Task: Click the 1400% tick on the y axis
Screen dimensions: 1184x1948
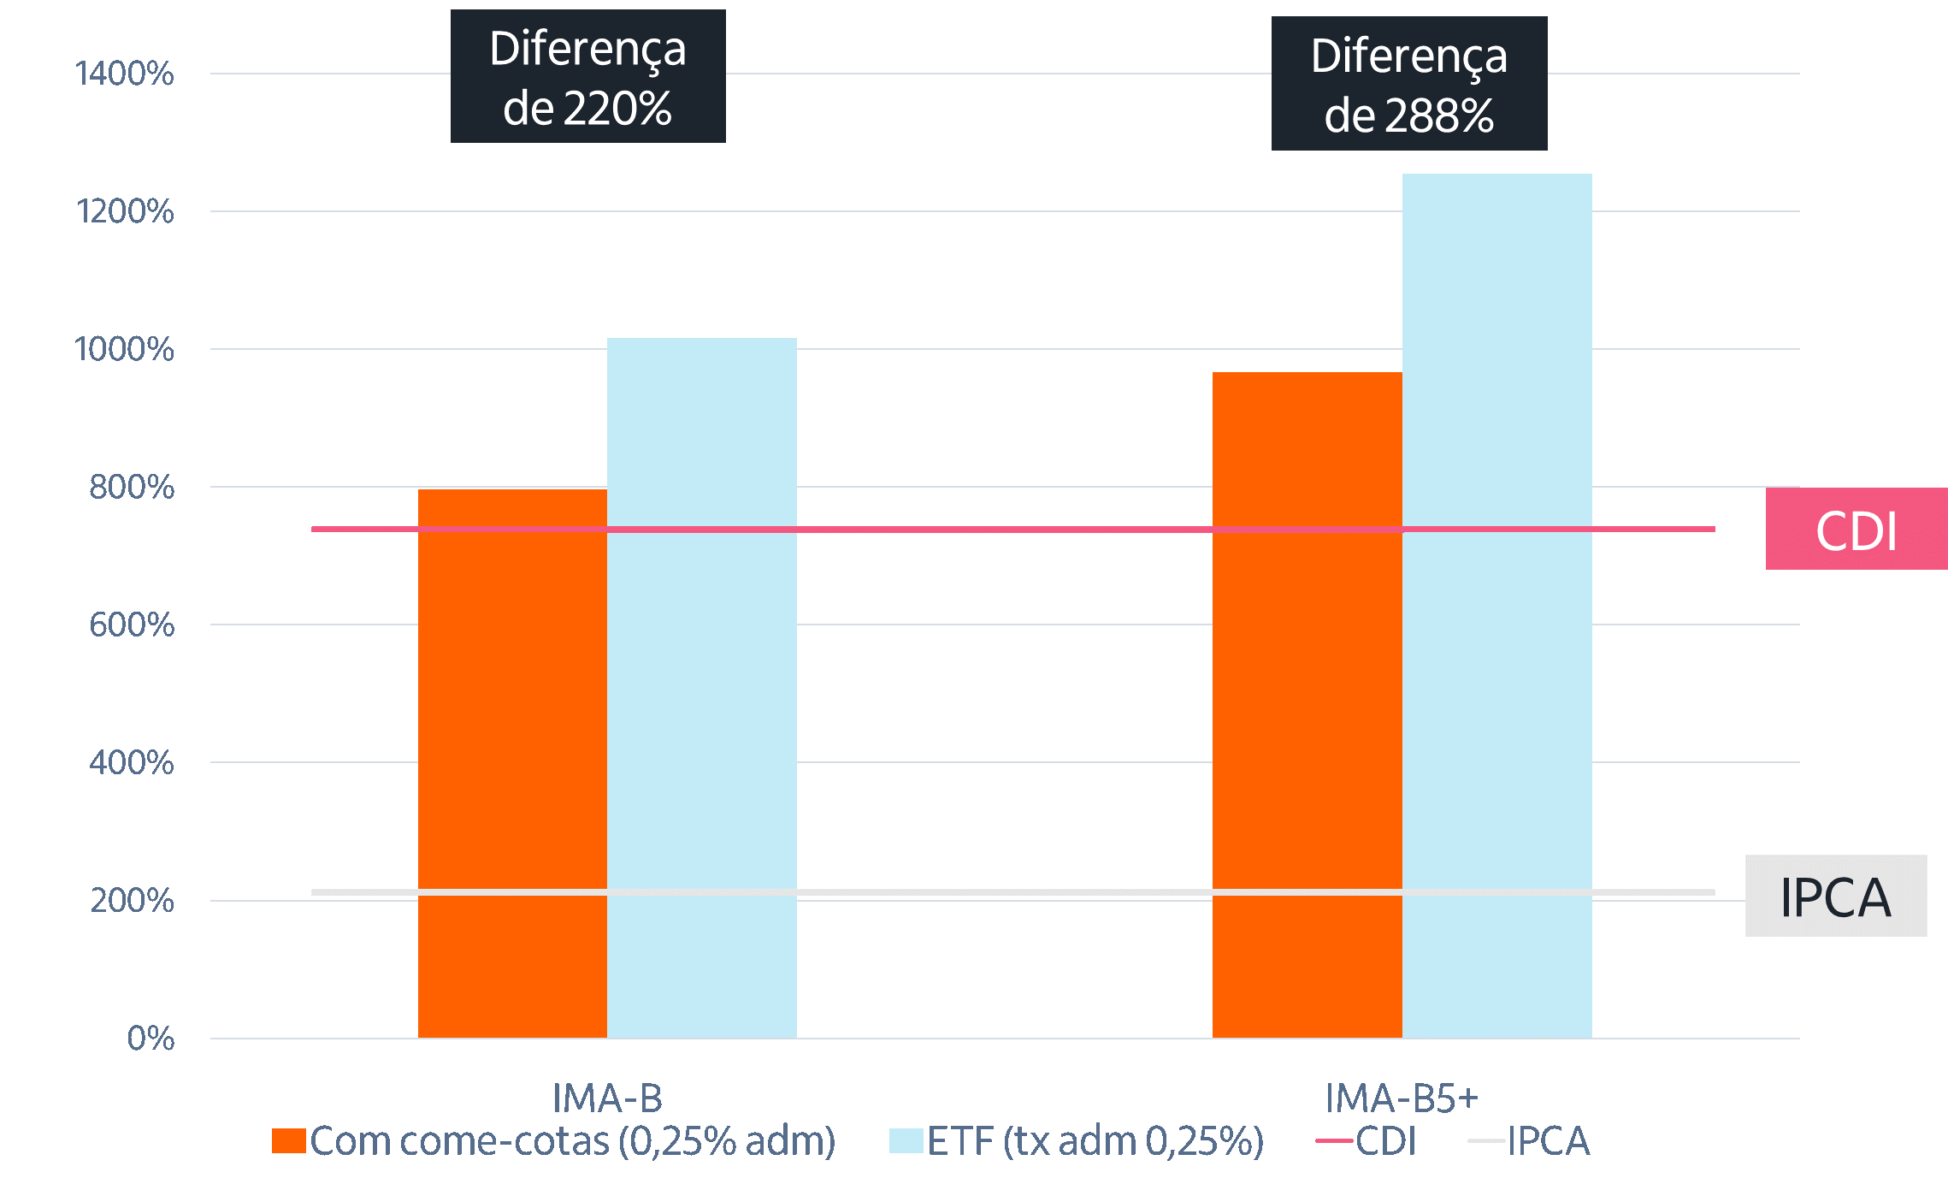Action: pyautogui.click(x=125, y=74)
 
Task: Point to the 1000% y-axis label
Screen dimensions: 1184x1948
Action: pyautogui.click(x=125, y=349)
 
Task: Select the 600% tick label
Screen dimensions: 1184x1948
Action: pyautogui.click(x=132, y=625)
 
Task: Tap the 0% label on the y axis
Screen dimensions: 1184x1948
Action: pyautogui.click(x=151, y=1039)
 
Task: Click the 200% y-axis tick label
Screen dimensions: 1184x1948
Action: pyautogui.click(x=132, y=901)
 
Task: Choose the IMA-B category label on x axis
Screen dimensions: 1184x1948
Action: pyautogui.click(x=607, y=1098)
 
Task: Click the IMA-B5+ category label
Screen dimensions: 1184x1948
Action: pyautogui.click(x=1401, y=1098)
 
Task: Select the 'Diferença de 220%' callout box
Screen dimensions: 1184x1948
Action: pyautogui.click(x=587, y=77)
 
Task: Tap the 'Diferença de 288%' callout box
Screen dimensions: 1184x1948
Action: pyautogui.click(x=1408, y=84)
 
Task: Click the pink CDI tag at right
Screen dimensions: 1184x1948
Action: pyautogui.click(x=1856, y=530)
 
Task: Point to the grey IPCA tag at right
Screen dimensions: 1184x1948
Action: pyautogui.click(x=1835, y=897)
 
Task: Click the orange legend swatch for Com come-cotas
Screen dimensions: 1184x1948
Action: pyautogui.click(x=289, y=1141)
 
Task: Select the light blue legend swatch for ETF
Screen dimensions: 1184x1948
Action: pyautogui.click(x=906, y=1141)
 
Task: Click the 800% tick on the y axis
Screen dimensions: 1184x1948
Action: pyautogui.click(x=132, y=487)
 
